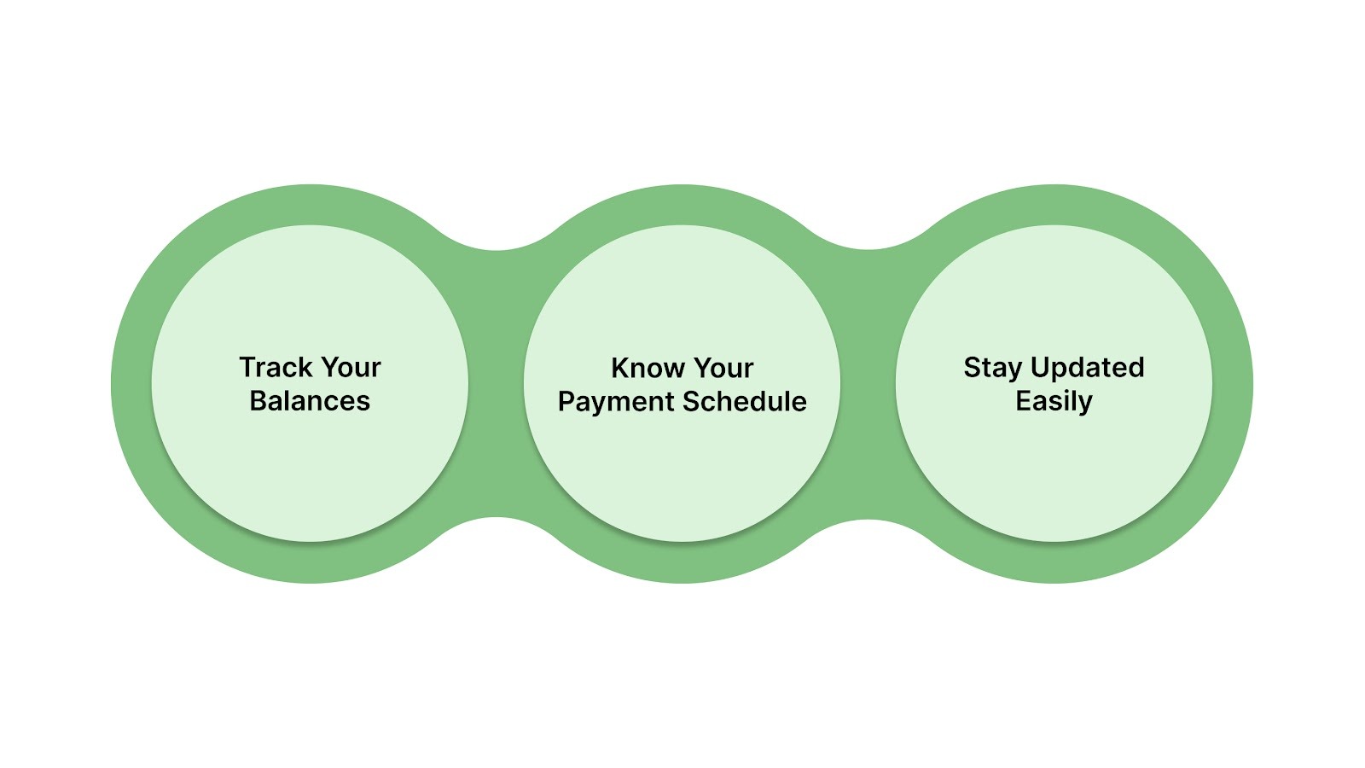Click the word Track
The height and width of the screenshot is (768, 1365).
276,368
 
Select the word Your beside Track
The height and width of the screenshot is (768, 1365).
351,368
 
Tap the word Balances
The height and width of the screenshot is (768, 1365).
310,401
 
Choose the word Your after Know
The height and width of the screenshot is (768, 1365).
723,368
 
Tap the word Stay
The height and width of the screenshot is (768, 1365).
992,368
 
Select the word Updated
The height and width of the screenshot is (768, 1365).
1087,368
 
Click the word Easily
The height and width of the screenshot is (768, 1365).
1054,401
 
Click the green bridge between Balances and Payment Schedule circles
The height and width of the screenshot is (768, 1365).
497,384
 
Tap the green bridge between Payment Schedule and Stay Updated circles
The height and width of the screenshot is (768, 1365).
868,384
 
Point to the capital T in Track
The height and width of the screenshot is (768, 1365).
247,368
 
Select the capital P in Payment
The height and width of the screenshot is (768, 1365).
566,401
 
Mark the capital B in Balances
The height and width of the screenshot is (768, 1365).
258,401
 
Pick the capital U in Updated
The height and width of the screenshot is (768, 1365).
1039,368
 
